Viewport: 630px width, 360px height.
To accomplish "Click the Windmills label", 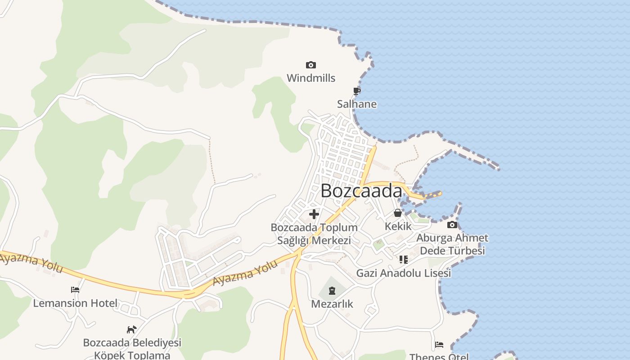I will pos(311,78).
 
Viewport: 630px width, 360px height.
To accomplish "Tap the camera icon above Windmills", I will pos(310,65).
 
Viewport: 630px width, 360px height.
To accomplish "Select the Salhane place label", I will pos(357,104).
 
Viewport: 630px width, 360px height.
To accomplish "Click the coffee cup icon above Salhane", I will pos(356,91).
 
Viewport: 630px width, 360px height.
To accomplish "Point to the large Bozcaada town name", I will pos(361,191).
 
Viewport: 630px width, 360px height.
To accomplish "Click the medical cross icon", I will pos(314,214).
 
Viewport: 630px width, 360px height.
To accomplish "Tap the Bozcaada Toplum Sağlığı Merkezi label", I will pos(314,234).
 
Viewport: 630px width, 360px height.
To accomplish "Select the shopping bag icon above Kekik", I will pos(398,213).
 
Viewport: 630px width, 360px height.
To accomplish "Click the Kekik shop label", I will pos(398,226).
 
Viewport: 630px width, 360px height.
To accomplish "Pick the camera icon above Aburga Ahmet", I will pos(452,225).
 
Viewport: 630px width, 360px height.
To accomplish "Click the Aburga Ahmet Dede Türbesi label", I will pos(452,244).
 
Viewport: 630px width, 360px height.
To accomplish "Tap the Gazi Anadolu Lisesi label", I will pos(403,273).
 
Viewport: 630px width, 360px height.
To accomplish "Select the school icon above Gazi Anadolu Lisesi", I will pos(403,260).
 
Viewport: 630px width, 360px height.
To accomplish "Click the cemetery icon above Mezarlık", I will pos(332,291).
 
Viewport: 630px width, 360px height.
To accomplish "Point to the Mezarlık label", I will pos(332,304).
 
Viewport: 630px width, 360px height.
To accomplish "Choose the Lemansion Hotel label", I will pos(75,303).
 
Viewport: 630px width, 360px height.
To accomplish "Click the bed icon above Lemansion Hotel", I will pos(75,290).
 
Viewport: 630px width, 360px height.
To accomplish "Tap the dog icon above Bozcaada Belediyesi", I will pos(131,330).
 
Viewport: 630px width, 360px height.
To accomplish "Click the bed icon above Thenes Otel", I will pos(439,345).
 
